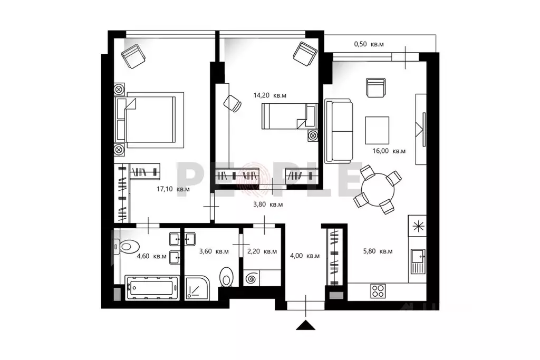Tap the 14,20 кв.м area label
269,95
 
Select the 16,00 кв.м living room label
389,151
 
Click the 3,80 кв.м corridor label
268,204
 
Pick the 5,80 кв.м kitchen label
378,251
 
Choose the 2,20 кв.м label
262,251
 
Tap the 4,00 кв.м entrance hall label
305,256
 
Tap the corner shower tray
196,288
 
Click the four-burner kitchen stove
378,290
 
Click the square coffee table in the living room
377,130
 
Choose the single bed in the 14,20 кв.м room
287,116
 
